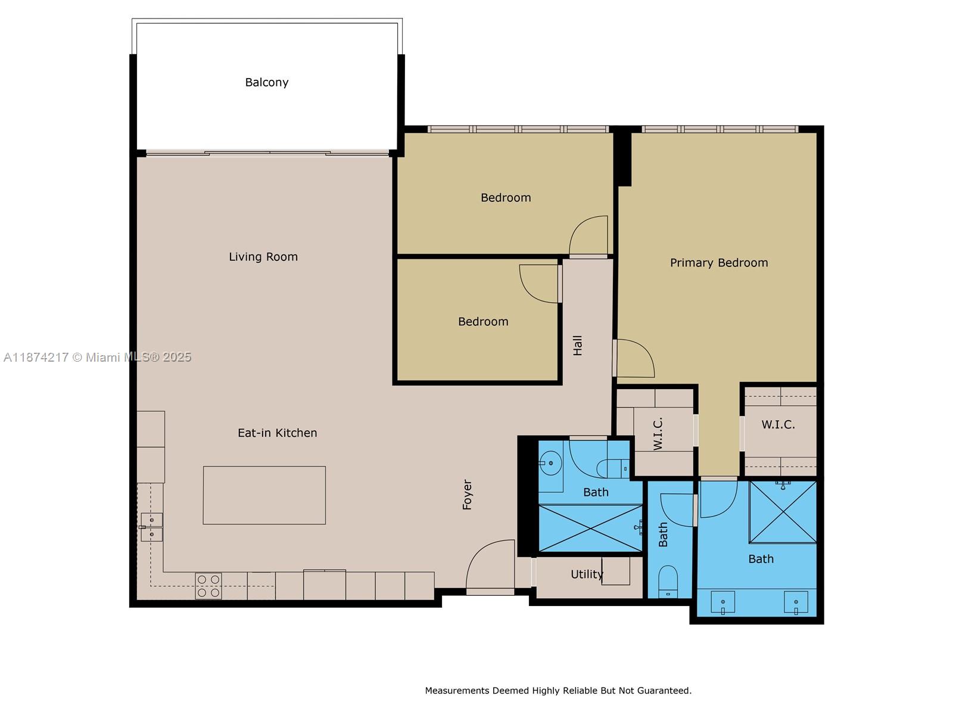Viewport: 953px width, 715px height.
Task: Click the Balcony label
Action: click(267, 82)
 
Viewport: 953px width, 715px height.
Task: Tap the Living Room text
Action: click(263, 257)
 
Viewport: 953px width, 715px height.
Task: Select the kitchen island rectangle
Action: click(264, 495)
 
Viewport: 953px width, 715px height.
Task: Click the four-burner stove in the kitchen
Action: click(208, 586)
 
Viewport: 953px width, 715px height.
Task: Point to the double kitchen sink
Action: click(152, 527)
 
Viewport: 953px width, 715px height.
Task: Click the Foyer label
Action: click(468, 495)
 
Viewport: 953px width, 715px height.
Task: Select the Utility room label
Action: click(587, 574)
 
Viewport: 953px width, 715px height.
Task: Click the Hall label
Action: click(578, 346)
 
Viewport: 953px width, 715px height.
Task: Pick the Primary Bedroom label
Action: click(719, 263)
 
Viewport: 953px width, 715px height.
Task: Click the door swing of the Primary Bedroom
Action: click(634, 359)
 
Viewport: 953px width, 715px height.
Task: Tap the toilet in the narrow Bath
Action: click(668, 581)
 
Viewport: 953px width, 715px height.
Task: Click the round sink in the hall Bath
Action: click(550, 463)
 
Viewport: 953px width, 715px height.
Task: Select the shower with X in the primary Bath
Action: click(783, 512)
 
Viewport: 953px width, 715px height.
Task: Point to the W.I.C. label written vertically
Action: click(658, 434)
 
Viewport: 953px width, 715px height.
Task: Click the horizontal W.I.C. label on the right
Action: click(778, 425)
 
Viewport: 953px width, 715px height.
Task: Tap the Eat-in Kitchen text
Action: click(278, 433)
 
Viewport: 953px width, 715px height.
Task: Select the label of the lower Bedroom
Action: click(483, 322)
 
